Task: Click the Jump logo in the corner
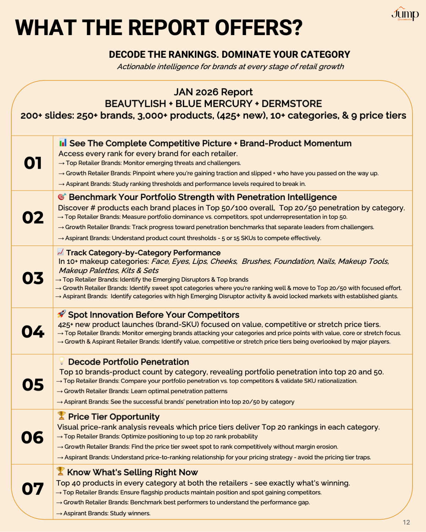click(405, 14)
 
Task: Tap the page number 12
click(406, 522)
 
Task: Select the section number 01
click(33, 163)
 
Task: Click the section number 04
click(33, 332)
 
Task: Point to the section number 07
click(33, 489)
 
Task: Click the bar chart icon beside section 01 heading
click(63, 143)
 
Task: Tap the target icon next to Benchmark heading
click(62, 196)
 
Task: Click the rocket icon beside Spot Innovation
click(62, 314)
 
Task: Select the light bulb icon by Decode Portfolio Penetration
click(62, 361)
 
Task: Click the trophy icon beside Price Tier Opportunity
click(62, 415)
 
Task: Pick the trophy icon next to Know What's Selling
click(61, 471)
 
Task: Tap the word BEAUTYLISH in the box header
click(135, 104)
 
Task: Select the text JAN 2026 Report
click(213, 92)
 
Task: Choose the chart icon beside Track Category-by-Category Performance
click(60, 252)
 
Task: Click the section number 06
click(33, 438)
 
